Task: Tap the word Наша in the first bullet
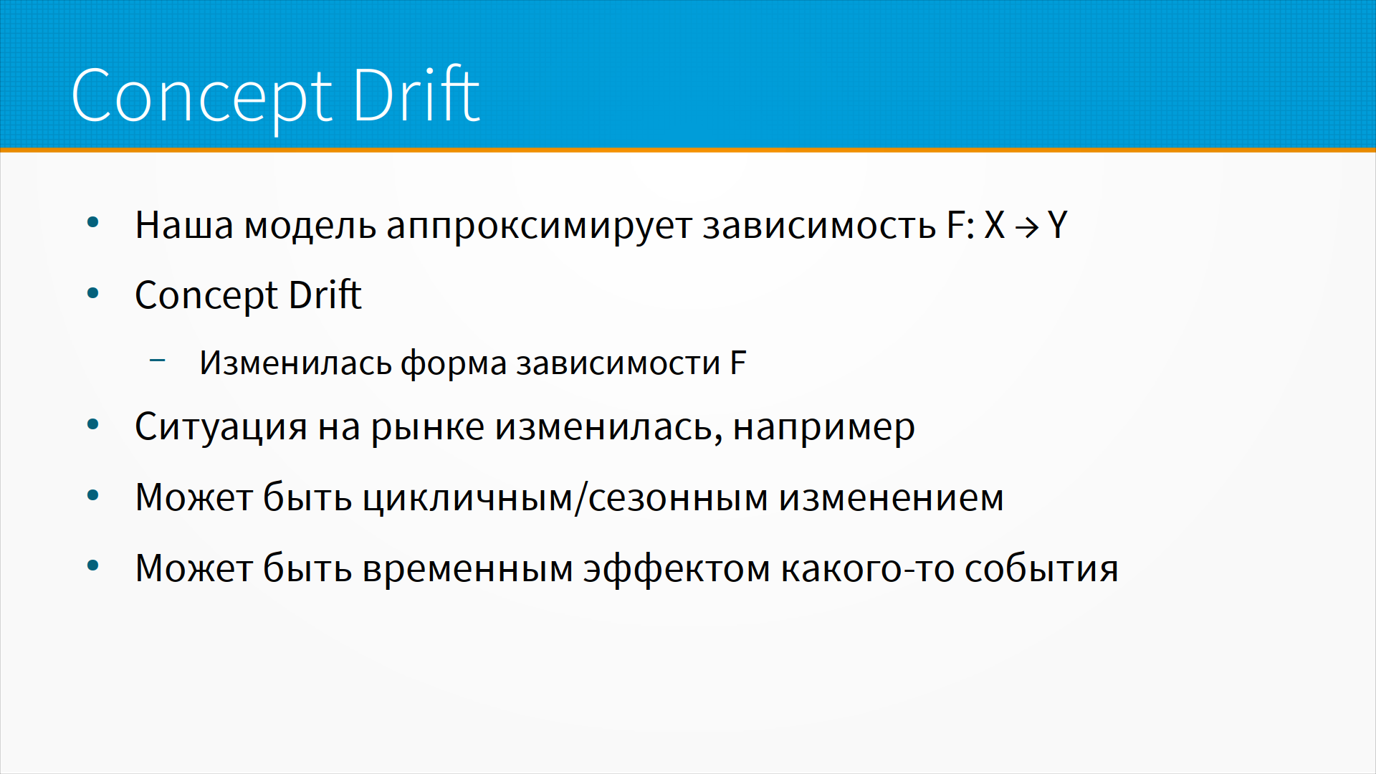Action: pos(184,225)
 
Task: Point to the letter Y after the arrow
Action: pos(1058,225)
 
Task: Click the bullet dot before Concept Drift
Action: pos(92,292)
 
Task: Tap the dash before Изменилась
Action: pos(158,360)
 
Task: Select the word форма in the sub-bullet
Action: pos(454,363)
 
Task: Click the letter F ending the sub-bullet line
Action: pos(738,363)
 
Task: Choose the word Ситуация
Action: pos(221,428)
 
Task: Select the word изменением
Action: pos(892,498)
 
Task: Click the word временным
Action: pos(468,569)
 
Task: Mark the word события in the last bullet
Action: pos(1041,569)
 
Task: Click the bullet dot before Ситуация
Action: pos(92,424)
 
